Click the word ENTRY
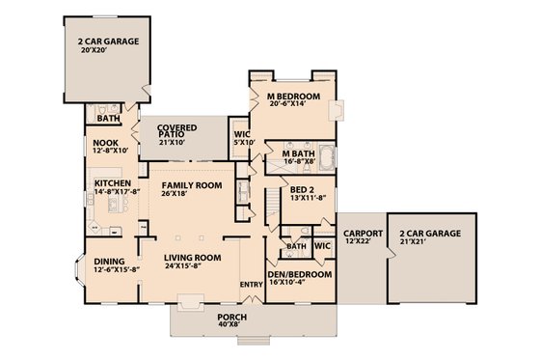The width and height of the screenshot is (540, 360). (x=251, y=284)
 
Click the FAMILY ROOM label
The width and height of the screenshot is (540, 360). (x=192, y=184)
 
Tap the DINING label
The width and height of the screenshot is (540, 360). (x=108, y=261)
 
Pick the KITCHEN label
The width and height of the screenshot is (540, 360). (x=112, y=181)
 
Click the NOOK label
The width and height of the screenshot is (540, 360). (x=105, y=142)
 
